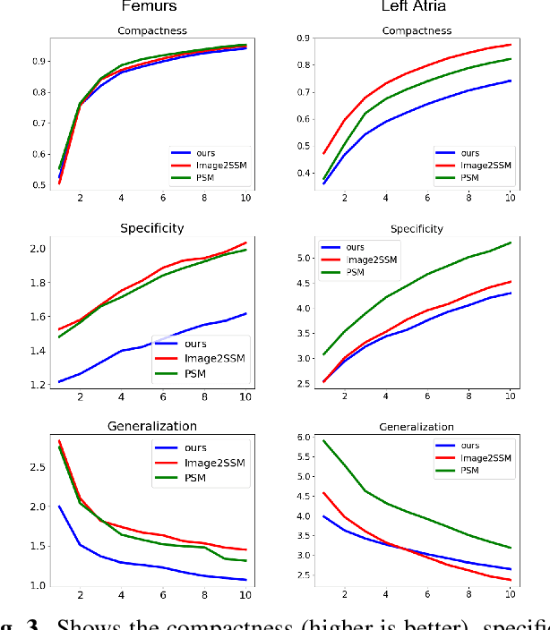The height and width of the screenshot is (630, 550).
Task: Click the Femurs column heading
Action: [x=148, y=9]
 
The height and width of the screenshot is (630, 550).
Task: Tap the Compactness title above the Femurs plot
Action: [x=151, y=32]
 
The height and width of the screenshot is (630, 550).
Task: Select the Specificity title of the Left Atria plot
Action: [x=417, y=228]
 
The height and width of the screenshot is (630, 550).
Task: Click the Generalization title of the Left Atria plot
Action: [x=417, y=427]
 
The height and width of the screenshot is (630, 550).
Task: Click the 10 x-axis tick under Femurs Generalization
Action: [x=244, y=596]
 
